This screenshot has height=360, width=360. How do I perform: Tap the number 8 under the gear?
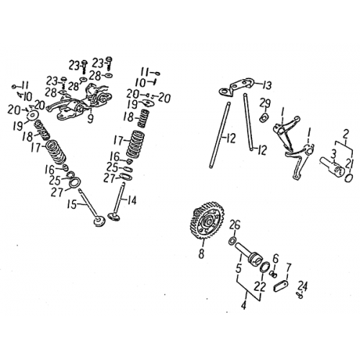click(x=202, y=253)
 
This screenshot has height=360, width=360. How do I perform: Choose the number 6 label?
click(x=275, y=258)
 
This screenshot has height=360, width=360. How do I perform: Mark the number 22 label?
click(x=260, y=287)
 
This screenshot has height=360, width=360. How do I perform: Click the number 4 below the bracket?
click(x=243, y=306)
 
